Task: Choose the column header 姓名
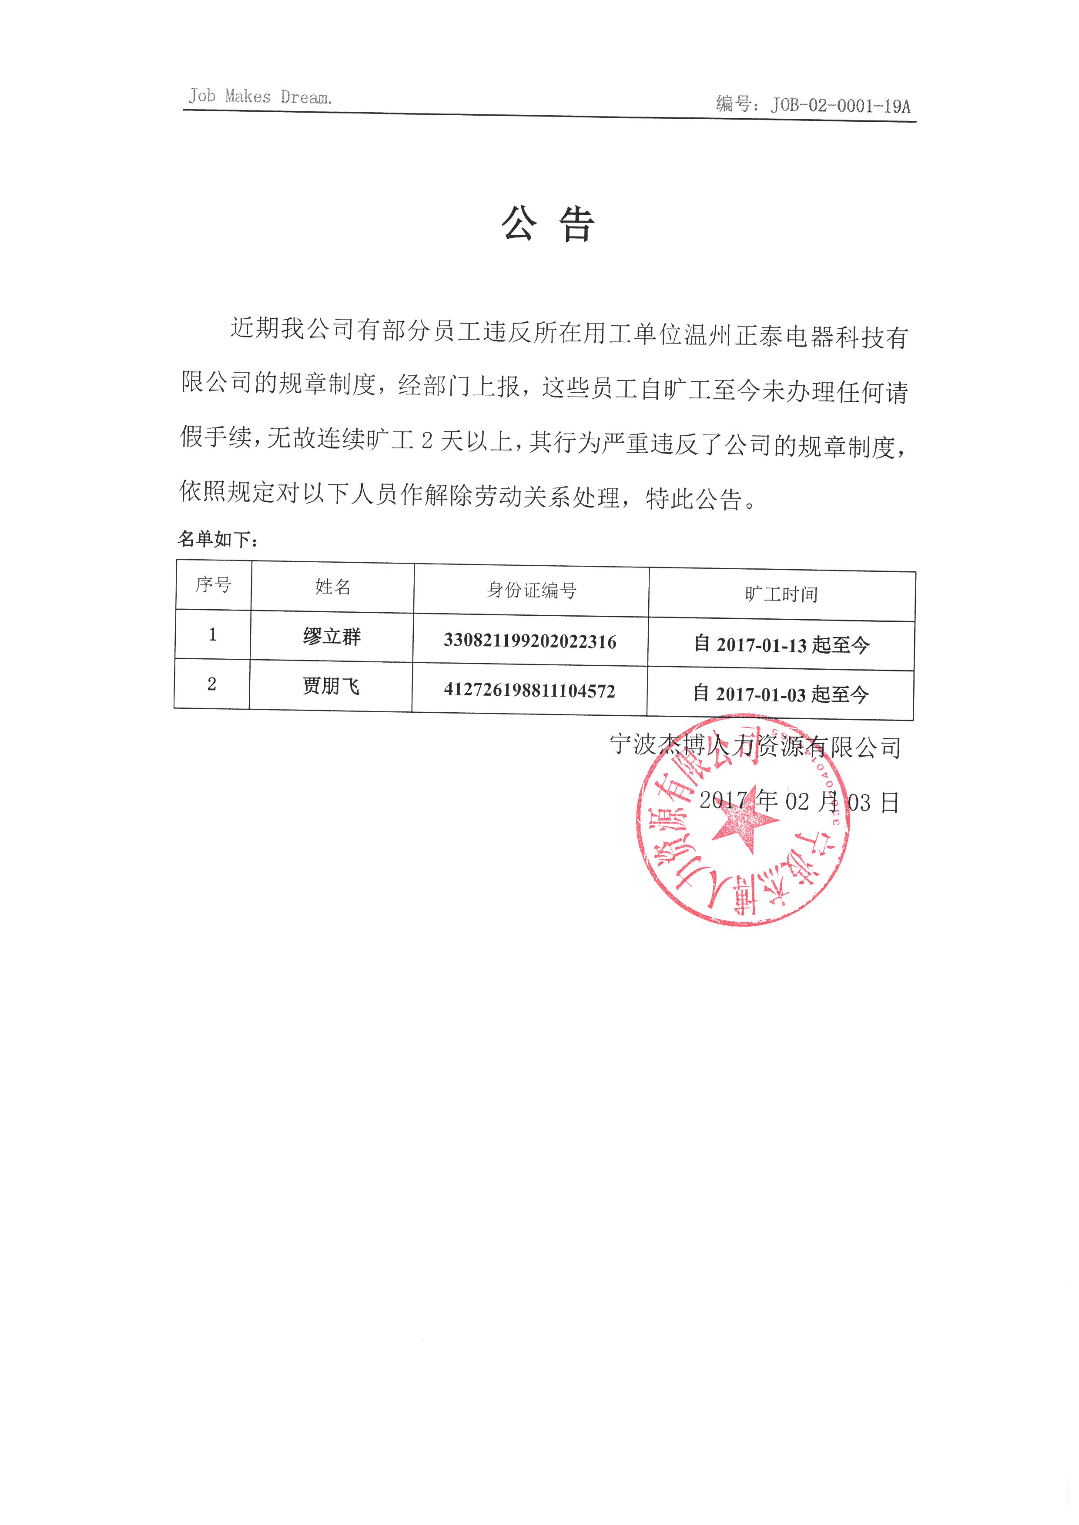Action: click(x=332, y=587)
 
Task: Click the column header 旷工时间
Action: click(x=781, y=594)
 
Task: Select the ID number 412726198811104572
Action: click(x=529, y=691)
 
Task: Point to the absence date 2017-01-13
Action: click(x=761, y=645)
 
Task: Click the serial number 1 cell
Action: click(x=213, y=635)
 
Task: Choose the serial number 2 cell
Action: click(x=212, y=684)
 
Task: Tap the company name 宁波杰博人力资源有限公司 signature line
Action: click(x=755, y=747)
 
